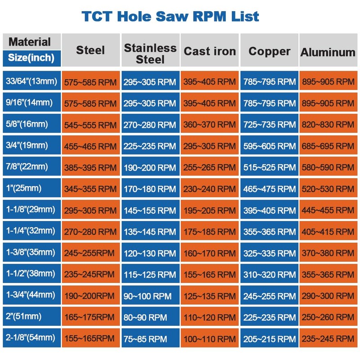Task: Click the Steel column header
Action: tap(90, 50)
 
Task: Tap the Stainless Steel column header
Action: tap(150, 54)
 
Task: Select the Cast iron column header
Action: tap(210, 51)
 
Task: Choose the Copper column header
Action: tap(269, 51)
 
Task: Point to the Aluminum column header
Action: tap(328, 52)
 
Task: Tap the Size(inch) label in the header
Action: tap(31, 58)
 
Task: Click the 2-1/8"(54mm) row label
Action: tap(31, 337)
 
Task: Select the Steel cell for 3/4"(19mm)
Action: tap(90, 146)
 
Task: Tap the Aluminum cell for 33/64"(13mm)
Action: tap(328, 82)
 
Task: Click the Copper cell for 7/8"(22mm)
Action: tap(269, 167)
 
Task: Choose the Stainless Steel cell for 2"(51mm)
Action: tap(150, 317)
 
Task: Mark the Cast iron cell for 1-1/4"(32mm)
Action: tap(210, 232)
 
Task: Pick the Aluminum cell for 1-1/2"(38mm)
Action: tap(328, 274)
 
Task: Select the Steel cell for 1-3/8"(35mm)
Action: tap(90, 253)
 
